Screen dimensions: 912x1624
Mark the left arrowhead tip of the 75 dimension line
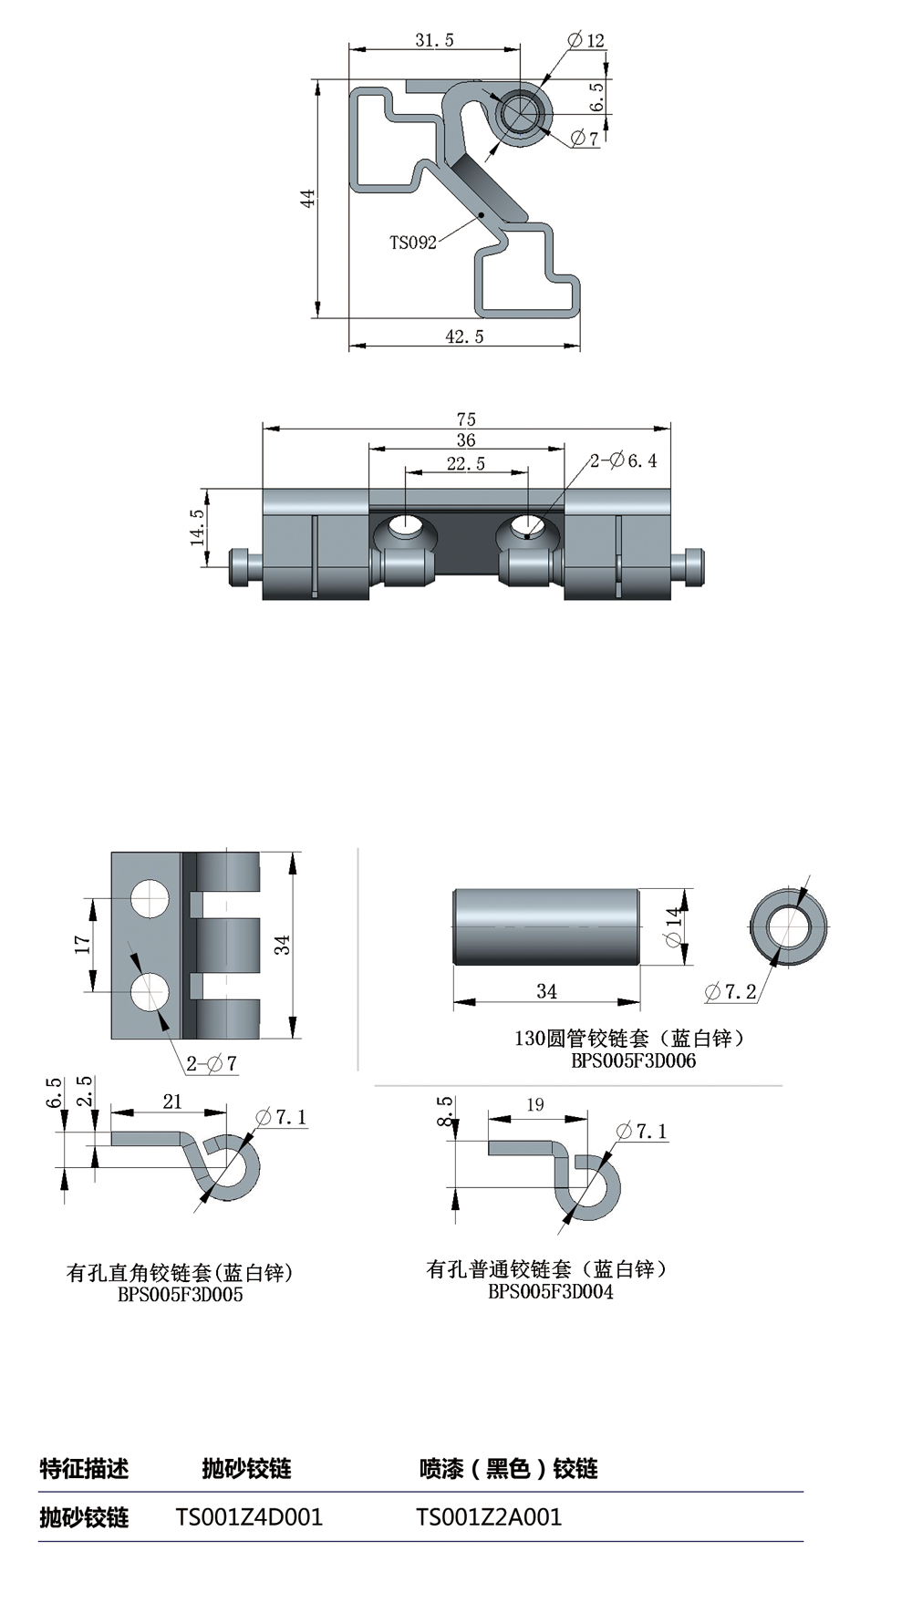(x=263, y=427)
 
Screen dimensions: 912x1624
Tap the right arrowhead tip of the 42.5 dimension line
(x=580, y=347)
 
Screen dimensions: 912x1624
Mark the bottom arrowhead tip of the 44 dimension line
(x=317, y=317)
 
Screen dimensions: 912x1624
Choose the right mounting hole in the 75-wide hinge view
(x=526, y=526)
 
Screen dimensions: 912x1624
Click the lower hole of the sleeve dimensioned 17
(x=150, y=993)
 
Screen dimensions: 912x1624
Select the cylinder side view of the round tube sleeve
(x=545, y=926)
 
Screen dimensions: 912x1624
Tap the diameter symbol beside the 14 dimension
(x=674, y=938)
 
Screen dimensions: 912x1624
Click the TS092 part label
(x=413, y=243)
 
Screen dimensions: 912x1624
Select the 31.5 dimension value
(x=434, y=40)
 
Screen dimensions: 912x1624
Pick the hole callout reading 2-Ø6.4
(x=623, y=460)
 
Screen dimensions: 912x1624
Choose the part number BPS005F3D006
(x=634, y=1060)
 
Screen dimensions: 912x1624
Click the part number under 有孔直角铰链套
(x=181, y=1295)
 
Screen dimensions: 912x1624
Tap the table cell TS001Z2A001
(x=489, y=1517)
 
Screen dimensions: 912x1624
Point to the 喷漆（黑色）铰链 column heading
(x=509, y=1468)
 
